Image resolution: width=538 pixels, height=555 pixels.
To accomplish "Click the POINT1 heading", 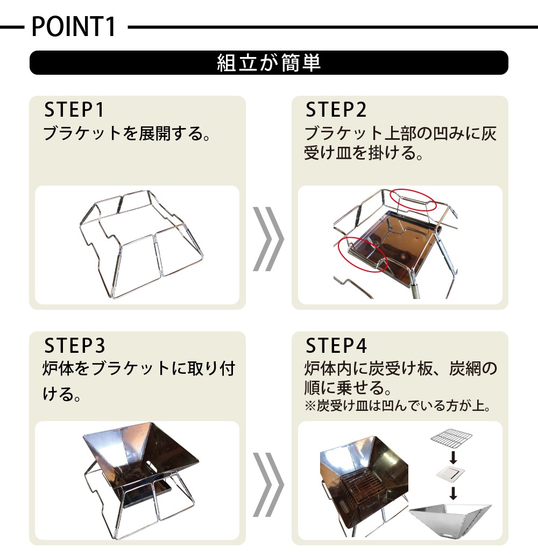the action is point(74,26).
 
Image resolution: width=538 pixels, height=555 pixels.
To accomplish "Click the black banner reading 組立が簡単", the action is point(269,62).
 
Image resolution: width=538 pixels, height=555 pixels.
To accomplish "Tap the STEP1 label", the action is point(74,109).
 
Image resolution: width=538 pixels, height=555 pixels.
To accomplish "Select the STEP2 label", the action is point(336,109).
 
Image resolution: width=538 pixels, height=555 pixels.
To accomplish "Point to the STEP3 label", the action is point(74,345).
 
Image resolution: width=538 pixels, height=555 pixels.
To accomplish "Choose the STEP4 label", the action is point(336,345).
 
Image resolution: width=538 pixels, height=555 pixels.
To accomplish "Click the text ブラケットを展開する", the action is point(127,133).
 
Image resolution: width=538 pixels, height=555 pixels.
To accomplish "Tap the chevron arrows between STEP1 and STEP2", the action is point(268,239).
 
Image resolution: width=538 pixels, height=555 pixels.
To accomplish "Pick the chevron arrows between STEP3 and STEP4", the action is point(268,484).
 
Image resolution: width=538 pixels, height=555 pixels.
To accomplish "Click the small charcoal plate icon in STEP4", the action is point(450,473).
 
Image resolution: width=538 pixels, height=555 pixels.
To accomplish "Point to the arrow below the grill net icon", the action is point(453,457).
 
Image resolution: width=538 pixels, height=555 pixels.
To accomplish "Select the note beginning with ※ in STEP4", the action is point(398,405).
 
